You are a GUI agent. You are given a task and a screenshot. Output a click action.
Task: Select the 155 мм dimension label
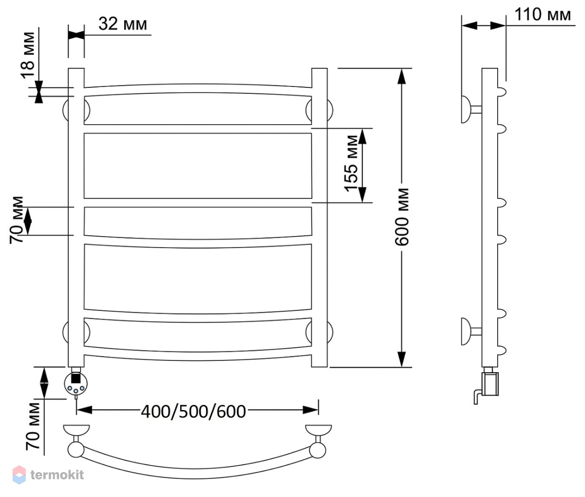351,164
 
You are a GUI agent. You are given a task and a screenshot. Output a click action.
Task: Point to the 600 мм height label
402,217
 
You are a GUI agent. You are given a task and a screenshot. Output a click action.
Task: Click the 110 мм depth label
543,14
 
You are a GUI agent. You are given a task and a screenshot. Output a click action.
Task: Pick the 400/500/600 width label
193,412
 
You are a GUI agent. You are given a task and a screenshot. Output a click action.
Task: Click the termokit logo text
57,475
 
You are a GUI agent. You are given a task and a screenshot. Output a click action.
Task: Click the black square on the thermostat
76,378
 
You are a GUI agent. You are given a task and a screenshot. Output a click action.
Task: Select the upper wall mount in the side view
470,109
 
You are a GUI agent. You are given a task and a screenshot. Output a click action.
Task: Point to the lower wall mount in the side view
470,331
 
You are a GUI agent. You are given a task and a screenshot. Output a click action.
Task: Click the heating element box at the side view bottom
490,384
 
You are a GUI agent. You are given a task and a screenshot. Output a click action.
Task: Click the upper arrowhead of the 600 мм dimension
401,77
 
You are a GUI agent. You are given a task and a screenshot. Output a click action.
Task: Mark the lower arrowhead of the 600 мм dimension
401,359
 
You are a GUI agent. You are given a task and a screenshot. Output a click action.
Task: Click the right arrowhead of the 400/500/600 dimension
310,410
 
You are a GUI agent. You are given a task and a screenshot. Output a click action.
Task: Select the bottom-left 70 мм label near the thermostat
33,426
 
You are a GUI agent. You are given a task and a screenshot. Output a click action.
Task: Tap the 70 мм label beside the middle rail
17,220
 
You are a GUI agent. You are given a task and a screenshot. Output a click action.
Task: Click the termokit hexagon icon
19,475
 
